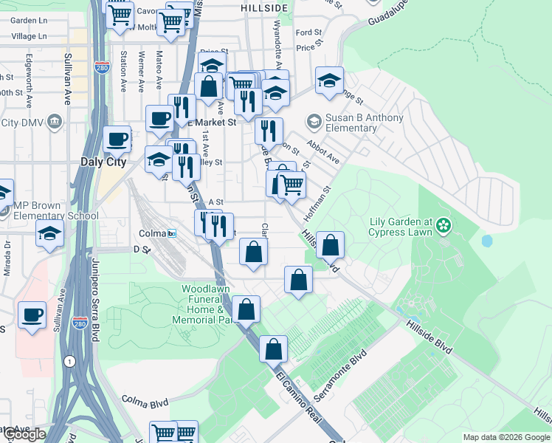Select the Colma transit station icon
[172, 233]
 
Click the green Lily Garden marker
[444, 224]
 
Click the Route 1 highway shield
[69, 361]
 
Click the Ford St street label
[308, 33]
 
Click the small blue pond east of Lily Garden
[487, 241]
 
